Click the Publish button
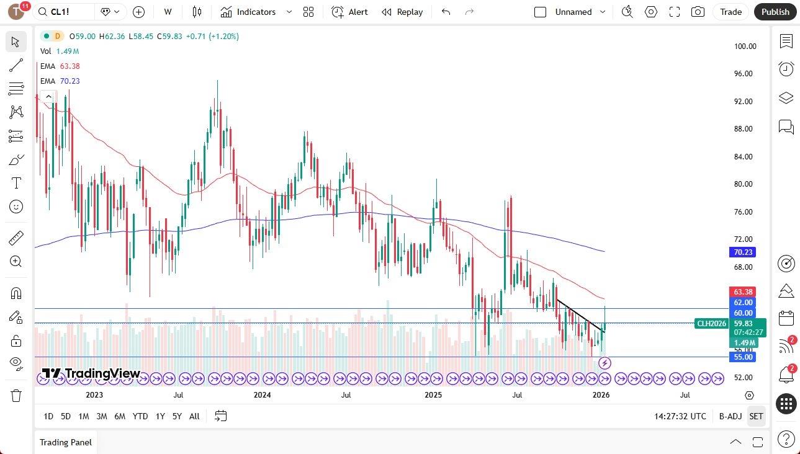coord(775,12)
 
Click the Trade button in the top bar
coord(730,12)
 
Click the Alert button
coord(349,12)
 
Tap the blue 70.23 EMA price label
coord(743,252)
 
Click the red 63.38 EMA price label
coord(743,292)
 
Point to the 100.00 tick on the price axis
coord(745,47)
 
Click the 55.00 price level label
coord(743,357)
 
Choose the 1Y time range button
coord(160,416)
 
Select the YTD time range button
coord(140,416)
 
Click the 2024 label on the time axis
coord(263,395)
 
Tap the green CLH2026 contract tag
coord(711,323)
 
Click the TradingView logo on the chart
coord(91,373)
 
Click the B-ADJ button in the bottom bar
coord(730,416)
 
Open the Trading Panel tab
coord(66,442)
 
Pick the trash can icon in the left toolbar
coord(16,395)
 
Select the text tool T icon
coord(16,183)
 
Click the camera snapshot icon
coord(698,12)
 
